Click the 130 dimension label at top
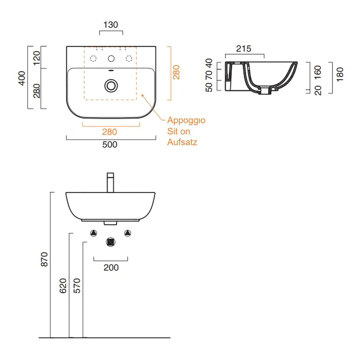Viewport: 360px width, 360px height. [111, 25]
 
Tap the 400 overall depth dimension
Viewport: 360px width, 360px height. [22, 78]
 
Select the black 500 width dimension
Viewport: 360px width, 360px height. [110, 145]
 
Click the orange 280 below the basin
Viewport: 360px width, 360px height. [109, 132]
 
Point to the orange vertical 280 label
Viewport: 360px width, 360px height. [176, 72]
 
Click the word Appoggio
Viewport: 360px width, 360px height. [186, 121]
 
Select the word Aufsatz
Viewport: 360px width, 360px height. [182, 142]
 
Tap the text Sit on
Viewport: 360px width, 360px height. [179, 131]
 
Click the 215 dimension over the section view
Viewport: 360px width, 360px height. [244, 49]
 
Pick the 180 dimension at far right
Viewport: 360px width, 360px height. [340, 75]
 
